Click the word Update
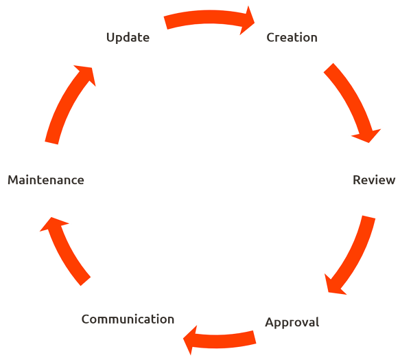(x=128, y=38)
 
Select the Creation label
(x=292, y=37)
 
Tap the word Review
(x=374, y=180)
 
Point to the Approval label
(x=292, y=322)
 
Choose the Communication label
(x=128, y=319)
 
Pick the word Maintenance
(x=46, y=180)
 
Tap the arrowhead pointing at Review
(x=368, y=135)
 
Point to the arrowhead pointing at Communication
(x=190, y=340)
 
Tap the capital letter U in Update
(x=110, y=37)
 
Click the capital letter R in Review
(x=357, y=180)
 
